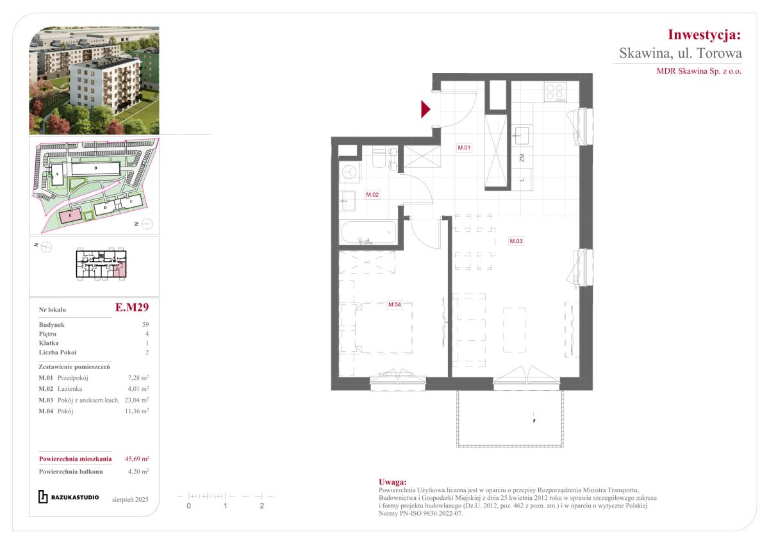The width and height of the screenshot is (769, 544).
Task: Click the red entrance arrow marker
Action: tap(426, 109)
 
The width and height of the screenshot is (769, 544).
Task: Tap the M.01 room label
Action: tap(464, 147)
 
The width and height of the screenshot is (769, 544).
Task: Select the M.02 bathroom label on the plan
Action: tap(372, 195)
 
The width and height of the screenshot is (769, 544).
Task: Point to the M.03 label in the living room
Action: tap(516, 241)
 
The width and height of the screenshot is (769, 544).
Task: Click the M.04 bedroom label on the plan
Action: tap(395, 304)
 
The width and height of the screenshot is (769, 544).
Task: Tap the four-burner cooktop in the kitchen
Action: tap(555, 92)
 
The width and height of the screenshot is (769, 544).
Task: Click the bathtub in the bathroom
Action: tap(368, 233)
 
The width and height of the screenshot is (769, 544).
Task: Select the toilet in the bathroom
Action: tap(379, 158)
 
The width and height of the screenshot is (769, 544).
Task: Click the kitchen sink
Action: tap(521, 135)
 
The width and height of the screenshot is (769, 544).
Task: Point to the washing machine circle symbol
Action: tap(350, 171)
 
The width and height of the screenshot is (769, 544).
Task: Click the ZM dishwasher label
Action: tap(522, 158)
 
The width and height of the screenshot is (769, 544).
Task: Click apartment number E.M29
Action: tap(132, 307)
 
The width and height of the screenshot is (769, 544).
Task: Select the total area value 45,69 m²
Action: tap(136, 459)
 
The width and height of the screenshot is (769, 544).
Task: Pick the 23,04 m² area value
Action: tap(136, 400)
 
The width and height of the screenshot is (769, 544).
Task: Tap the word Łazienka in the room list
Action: tap(70, 389)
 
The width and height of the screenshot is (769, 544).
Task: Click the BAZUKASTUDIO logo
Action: tap(69, 497)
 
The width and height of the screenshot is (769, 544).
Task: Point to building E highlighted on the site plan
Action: tap(70, 215)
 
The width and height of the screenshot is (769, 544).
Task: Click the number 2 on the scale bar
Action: tap(262, 506)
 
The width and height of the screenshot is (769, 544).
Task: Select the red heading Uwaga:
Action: tap(393, 482)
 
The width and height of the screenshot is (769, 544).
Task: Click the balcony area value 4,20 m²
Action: tap(138, 472)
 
